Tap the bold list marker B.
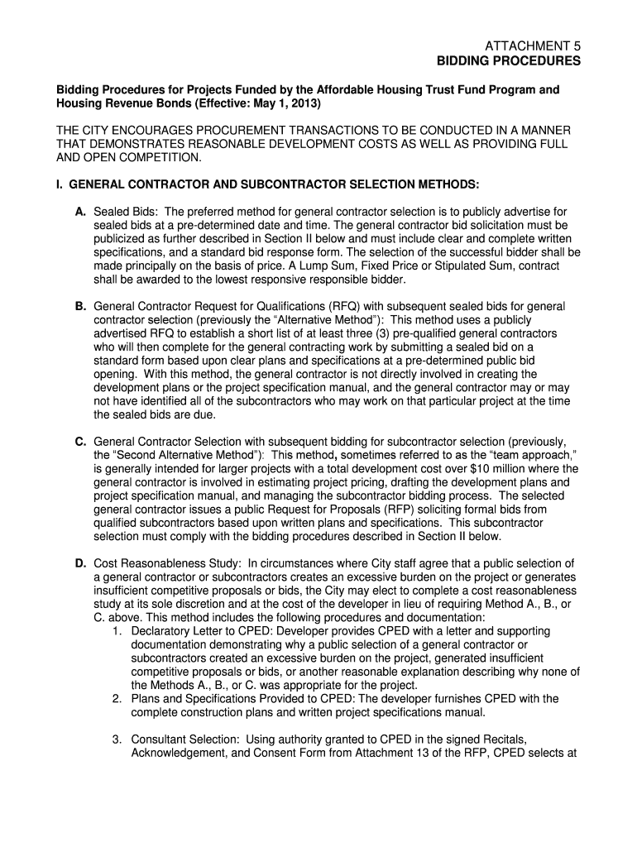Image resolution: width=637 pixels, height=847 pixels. pos(80,306)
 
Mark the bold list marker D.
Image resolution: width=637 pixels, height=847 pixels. pos(80,563)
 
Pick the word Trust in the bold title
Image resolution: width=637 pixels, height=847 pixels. pos(387,89)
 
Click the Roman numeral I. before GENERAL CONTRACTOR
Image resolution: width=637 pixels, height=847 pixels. pos(59,182)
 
